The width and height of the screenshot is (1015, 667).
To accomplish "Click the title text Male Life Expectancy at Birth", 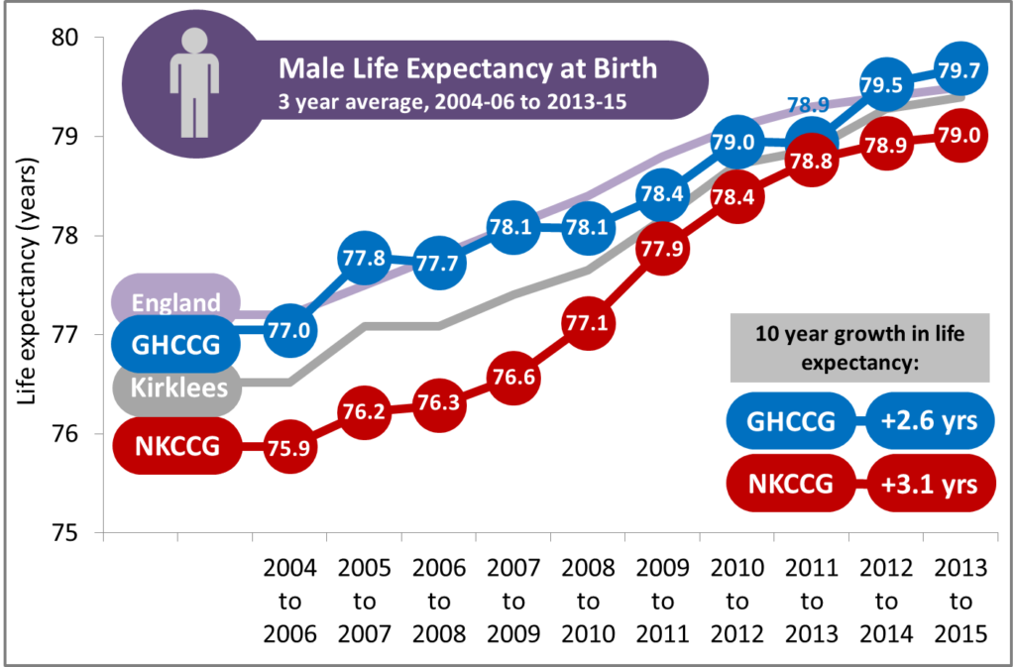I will tap(467, 68).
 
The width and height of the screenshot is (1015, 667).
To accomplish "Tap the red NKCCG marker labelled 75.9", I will tap(290, 446).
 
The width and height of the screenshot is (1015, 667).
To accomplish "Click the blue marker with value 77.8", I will tap(365, 258).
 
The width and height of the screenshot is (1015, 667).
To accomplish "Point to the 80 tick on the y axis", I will tap(78, 39).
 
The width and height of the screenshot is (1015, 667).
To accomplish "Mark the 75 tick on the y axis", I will tap(78, 533).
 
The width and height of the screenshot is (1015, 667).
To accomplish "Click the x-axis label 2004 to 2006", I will tap(290, 602).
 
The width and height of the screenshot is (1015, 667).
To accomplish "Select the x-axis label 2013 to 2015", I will tap(959, 602).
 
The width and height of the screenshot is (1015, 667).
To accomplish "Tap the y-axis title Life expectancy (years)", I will tap(30, 289).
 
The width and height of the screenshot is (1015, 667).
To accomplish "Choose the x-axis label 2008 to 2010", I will tap(588, 602).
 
